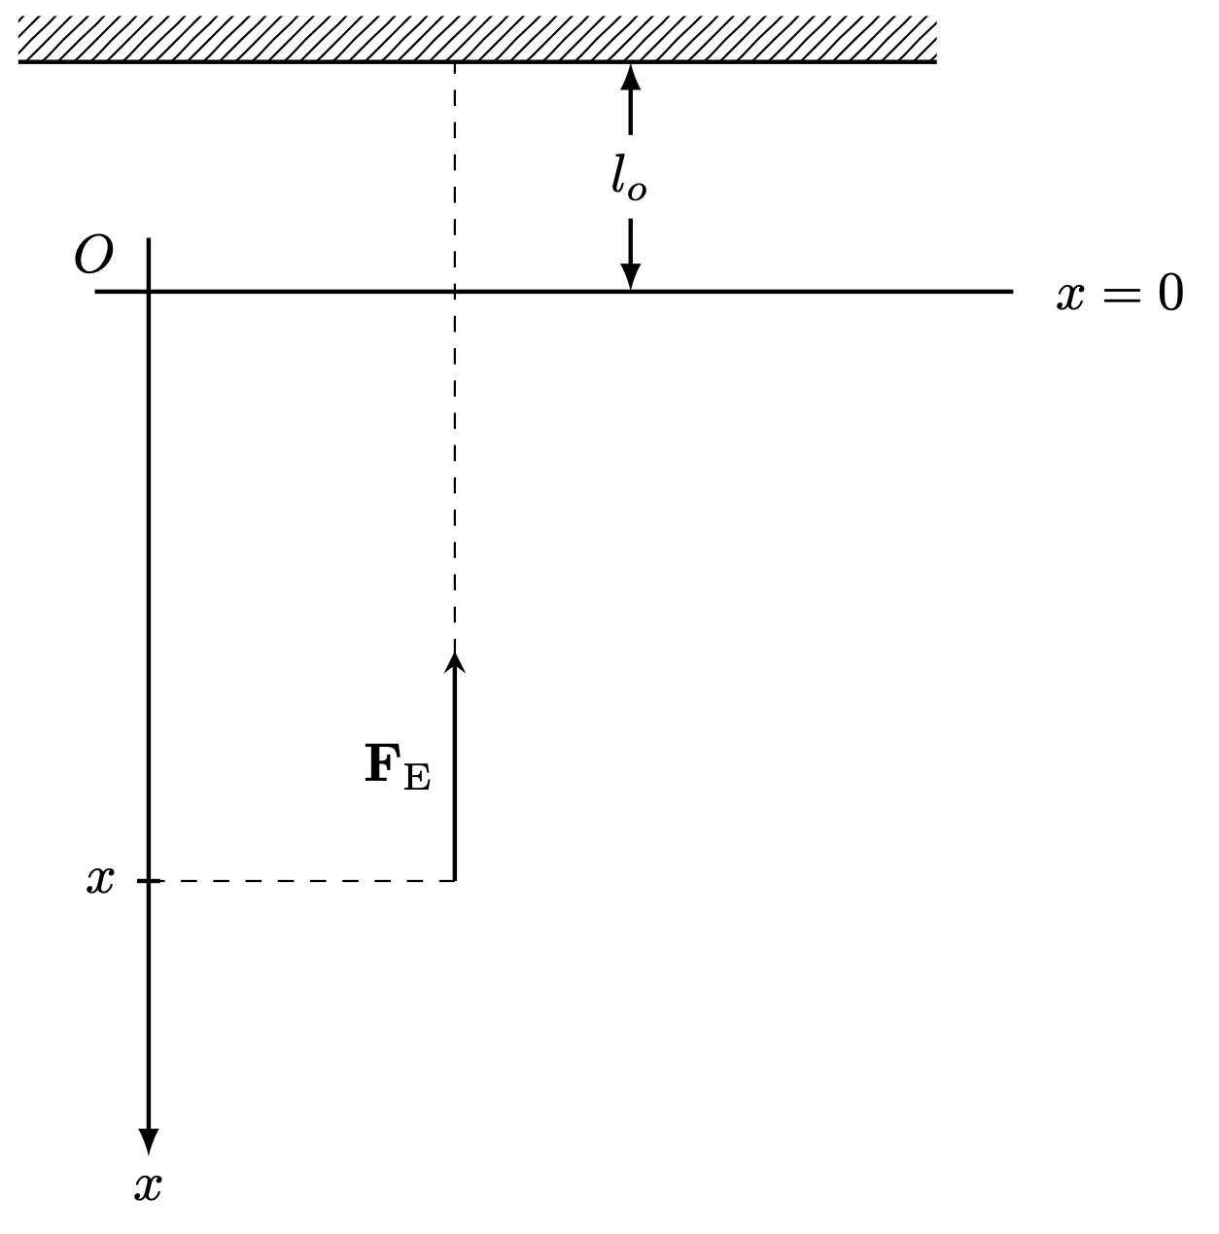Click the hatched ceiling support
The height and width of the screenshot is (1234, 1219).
pyautogui.click(x=476, y=39)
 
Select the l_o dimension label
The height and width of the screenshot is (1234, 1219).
pyautogui.click(x=627, y=177)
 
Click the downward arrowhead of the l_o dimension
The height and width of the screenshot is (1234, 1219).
pyautogui.click(x=631, y=277)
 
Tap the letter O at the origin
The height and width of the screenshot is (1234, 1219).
pyautogui.click(x=93, y=256)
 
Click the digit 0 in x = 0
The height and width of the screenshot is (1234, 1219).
pyautogui.click(x=1170, y=294)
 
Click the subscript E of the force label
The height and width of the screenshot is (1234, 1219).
pyautogui.click(x=416, y=777)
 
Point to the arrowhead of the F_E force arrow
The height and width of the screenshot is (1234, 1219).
pyautogui.click(x=455, y=661)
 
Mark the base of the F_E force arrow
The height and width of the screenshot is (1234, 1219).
pyautogui.click(x=455, y=879)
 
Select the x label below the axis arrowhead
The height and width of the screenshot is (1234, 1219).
pyautogui.click(x=148, y=1187)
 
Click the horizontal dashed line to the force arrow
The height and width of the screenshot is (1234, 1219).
pyautogui.click(x=301, y=881)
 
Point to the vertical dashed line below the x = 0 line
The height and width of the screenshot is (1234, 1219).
pyautogui.click(x=455, y=467)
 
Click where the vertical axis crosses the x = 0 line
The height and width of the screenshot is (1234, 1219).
pyautogui.click(x=148, y=291)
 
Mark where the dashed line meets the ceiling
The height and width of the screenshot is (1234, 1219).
pyautogui.click(x=455, y=62)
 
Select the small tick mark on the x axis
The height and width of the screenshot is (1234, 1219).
pyautogui.click(x=143, y=881)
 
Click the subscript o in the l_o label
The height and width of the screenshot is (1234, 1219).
pyautogui.click(x=637, y=190)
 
